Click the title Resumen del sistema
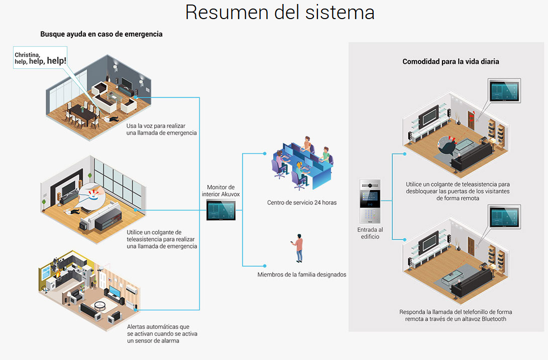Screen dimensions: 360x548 pyautogui.click(x=280, y=12)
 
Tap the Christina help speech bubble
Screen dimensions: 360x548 pyautogui.click(x=41, y=58)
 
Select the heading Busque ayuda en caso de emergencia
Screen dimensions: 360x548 pyautogui.click(x=101, y=34)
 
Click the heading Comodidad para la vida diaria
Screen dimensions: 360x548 pyautogui.click(x=451, y=62)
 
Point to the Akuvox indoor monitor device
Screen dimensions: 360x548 pyautogui.click(x=221, y=210)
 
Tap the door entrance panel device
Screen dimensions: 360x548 pyautogui.click(x=370, y=201)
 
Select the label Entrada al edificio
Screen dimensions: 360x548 pyautogui.click(x=370, y=233)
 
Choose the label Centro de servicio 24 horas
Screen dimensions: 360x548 pyautogui.click(x=302, y=203)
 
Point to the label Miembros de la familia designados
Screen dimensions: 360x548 pyautogui.click(x=302, y=275)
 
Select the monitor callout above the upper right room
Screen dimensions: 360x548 pyautogui.click(x=505, y=91)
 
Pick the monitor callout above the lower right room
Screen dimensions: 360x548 pyautogui.click(x=505, y=217)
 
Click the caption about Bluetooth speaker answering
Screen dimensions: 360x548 pyautogui.click(x=456, y=315)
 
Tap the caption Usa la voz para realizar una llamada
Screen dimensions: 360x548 pyautogui.click(x=162, y=129)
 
